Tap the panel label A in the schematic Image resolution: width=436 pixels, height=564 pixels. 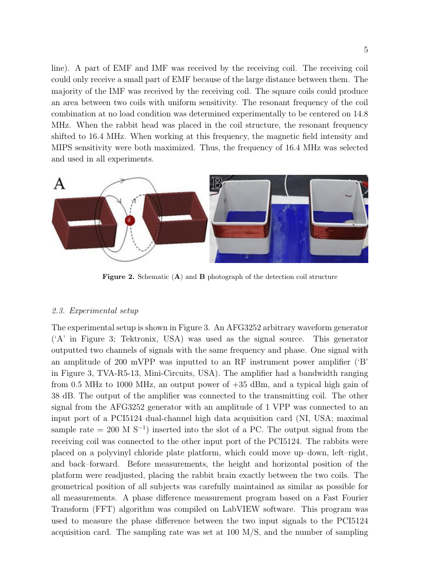[x=60, y=184]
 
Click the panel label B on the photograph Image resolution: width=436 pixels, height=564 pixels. [x=217, y=183]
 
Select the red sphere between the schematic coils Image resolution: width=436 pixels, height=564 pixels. [x=129, y=220]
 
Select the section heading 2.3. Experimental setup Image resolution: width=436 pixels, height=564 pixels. [x=95, y=311]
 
